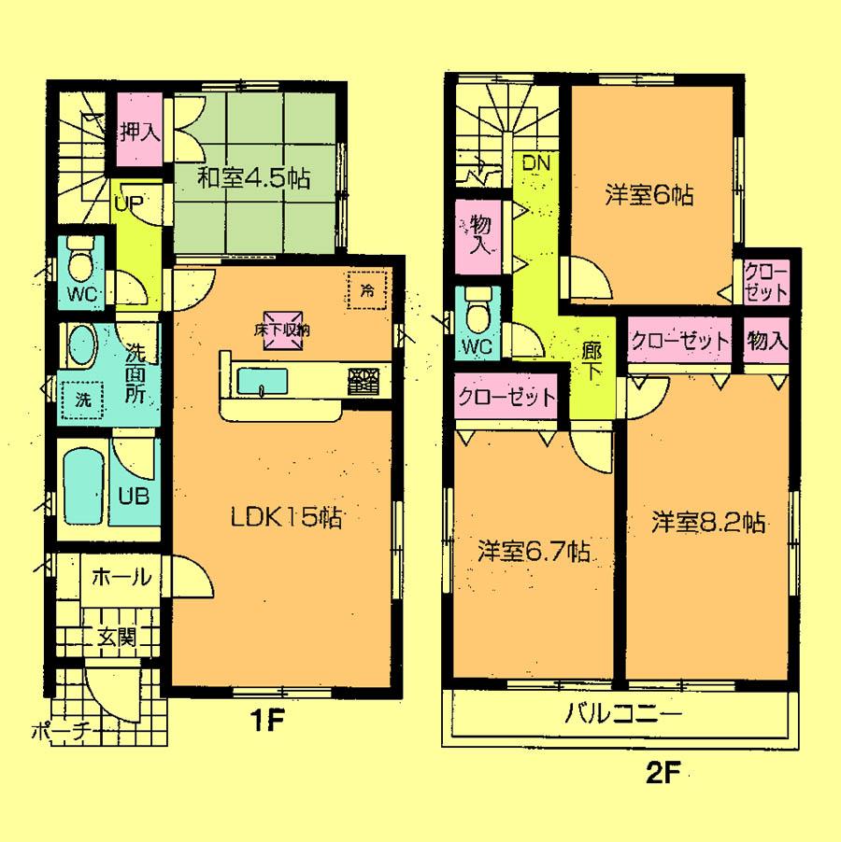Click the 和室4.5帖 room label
(253, 177)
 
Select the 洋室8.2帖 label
(709, 522)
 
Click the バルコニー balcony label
(623, 716)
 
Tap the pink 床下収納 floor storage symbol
(281, 330)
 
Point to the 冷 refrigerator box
(366, 289)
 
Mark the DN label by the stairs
(535, 164)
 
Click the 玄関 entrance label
(118, 639)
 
